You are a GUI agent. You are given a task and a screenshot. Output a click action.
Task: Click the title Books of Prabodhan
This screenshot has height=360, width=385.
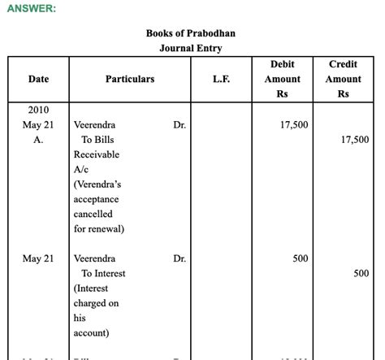point(191,33)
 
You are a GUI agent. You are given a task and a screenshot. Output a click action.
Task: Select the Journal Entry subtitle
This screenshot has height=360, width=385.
point(191,48)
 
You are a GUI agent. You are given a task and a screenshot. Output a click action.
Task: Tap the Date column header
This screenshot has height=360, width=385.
point(38,79)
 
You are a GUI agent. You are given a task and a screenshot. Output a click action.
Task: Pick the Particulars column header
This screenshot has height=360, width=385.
point(130,79)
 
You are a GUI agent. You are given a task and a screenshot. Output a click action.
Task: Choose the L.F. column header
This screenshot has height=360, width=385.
point(222,79)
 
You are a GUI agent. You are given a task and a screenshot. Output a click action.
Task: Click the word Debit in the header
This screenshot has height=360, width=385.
point(283,64)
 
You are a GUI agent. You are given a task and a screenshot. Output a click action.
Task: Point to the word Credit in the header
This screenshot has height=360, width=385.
point(344,64)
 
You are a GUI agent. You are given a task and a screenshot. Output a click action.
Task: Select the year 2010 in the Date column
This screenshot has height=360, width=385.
point(38,110)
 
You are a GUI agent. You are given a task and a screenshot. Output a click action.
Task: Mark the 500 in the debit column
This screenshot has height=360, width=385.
point(301,258)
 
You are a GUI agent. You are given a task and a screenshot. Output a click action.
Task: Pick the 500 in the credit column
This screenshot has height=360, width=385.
point(361,273)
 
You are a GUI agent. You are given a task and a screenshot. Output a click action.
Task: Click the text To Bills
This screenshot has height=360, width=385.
point(98,140)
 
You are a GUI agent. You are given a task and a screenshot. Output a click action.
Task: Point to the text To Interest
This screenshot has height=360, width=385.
point(103,273)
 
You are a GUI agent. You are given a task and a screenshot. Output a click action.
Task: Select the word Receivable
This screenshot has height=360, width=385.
point(96,154)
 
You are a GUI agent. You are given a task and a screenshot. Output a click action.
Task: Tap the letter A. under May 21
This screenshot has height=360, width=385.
point(38,140)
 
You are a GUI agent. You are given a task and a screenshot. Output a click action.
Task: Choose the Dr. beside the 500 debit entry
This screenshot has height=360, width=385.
point(180,258)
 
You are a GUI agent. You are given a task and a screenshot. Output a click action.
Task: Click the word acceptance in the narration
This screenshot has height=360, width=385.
point(96,199)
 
